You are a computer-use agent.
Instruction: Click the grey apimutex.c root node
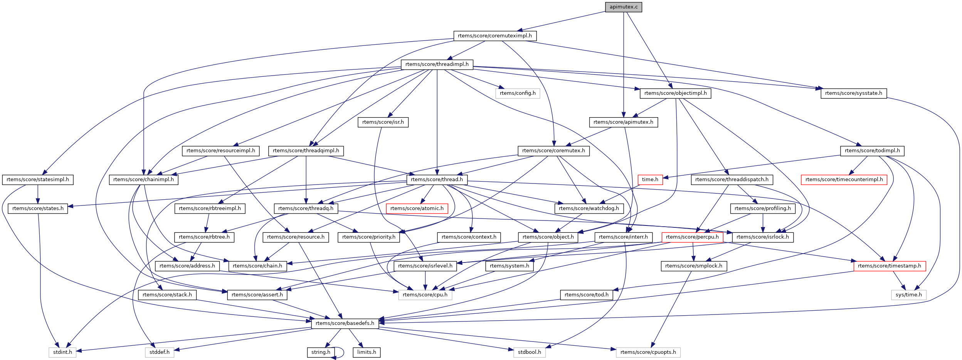(623, 7)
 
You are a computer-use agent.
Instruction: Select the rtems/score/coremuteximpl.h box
(494, 36)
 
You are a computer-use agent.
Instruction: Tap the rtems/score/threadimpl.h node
(437, 64)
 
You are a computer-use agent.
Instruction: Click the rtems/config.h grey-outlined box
(517, 93)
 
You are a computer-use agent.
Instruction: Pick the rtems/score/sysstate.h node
(853, 93)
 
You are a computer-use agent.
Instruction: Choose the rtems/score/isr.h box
(383, 122)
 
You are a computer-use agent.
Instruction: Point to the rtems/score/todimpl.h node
(872, 151)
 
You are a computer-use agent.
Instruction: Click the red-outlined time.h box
(650, 180)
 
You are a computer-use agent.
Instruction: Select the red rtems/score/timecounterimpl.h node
(844, 180)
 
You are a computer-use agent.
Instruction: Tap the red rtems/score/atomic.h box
(417, 209)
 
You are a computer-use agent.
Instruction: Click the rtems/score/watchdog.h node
(589, 209)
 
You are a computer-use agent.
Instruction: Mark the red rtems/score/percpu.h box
(692, 237)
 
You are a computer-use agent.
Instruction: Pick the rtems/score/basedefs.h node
(345, 323)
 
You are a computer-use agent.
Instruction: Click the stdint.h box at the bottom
(62, 352)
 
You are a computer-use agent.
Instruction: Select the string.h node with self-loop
(321, 352)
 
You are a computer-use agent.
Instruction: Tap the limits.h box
(366, 352)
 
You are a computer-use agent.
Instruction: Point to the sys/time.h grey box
(908, 295)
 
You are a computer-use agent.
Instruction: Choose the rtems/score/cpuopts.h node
(648, 352)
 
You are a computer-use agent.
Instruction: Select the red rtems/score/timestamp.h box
(889, 266)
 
